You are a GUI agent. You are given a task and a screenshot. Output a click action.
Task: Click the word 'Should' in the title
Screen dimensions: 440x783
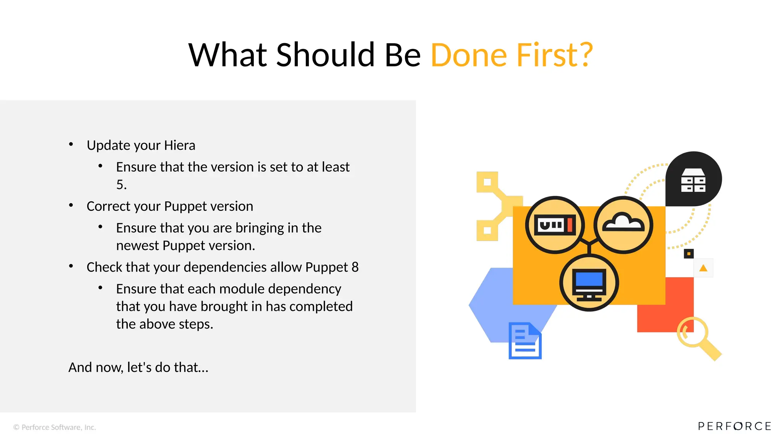coord(325,55)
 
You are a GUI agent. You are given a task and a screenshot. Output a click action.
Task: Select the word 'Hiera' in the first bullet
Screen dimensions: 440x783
coord(179,146)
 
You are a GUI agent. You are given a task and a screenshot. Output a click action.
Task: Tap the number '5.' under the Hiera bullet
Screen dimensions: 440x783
coord(121,185)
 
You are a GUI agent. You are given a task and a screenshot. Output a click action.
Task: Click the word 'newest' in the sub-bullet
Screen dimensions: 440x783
coord(137,246)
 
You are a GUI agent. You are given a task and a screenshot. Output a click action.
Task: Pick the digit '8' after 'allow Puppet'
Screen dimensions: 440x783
coord(355,267)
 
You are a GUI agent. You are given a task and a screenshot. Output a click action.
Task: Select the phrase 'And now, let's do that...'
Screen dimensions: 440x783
coord(138,367)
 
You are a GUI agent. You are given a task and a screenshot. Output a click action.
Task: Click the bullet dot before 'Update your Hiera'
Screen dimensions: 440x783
coord(71,144)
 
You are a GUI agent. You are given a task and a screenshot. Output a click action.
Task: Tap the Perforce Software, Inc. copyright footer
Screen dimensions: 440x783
coord(55,427)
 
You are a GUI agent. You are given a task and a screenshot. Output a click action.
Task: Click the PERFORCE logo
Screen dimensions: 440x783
coord(734,426)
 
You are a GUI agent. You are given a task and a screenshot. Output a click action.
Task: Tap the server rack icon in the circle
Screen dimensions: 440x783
coord(555,225)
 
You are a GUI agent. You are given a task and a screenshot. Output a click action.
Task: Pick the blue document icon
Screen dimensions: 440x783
coord(525,341)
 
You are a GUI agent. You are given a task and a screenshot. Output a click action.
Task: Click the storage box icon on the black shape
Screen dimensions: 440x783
coord(693,180)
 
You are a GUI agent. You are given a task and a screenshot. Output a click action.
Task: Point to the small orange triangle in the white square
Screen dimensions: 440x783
coord(703,268)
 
